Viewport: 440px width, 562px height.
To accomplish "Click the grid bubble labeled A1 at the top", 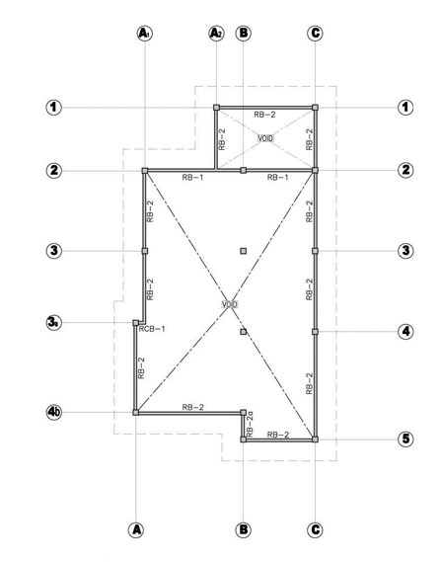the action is click(145, 34).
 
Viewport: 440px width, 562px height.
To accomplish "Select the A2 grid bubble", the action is click(216, 34).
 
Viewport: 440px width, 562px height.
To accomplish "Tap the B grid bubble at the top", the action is click(243, 34).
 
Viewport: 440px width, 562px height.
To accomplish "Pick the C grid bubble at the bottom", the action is click(315, 529).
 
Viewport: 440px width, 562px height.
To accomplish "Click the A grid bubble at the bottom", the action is click(136, 529).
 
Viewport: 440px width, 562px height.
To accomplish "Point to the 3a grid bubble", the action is click(54, 323).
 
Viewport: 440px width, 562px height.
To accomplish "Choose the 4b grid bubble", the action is click(54, 413).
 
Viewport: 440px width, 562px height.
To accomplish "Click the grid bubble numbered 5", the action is click(405, 439).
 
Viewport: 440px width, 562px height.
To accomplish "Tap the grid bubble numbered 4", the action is click(405, 332).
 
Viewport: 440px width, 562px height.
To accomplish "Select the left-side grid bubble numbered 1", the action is click(54, 108).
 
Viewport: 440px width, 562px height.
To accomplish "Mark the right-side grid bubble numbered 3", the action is click(405, 251).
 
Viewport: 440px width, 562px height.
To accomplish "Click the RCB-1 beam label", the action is click(152, 329).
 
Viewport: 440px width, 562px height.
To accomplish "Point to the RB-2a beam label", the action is click(250, 425).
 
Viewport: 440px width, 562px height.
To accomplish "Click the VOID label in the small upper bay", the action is click(265, 138).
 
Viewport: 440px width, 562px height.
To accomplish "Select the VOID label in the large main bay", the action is click(230, 304).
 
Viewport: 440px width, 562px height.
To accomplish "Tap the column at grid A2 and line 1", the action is click(216, 108).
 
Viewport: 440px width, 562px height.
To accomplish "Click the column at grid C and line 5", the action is click(315, 440).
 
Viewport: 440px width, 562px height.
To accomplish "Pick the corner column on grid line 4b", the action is click(136, 413).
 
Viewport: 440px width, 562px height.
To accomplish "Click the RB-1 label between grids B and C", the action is click(278, 177).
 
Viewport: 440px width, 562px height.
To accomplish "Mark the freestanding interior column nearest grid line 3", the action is click(244, 251).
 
